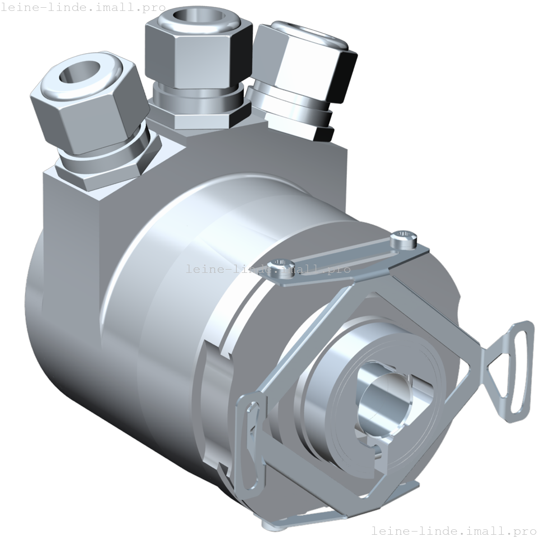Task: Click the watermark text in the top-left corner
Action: (83, 8)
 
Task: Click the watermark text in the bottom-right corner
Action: (453, 530)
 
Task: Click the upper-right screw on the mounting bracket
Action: (404, 239)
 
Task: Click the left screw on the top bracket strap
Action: (281, 265)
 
